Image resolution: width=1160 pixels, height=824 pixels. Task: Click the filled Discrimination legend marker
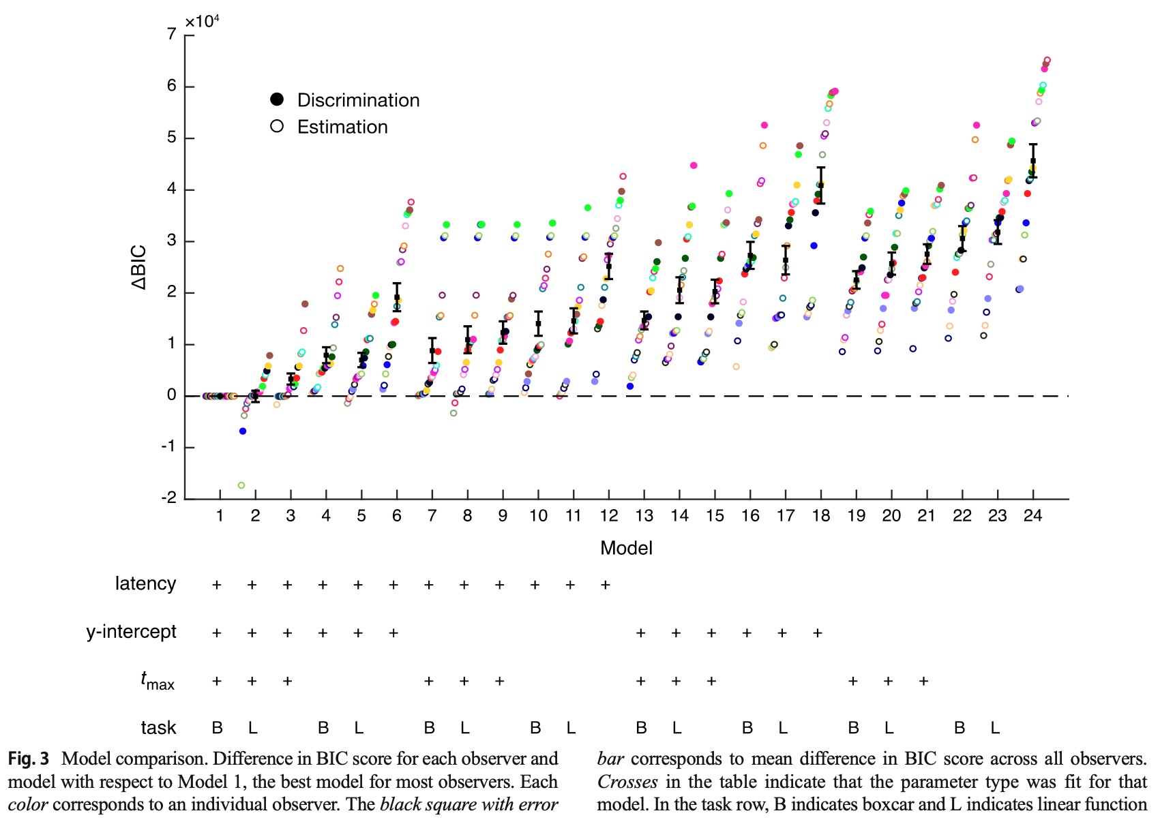[277, 100]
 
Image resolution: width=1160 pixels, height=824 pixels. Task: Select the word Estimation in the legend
[342, 127]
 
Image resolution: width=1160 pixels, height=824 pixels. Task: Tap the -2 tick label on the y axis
[169, 498]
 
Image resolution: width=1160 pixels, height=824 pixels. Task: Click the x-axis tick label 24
[1032, 516]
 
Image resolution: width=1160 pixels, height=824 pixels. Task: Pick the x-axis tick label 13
[644, 516]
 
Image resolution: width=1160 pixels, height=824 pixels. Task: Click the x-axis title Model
[626, 548]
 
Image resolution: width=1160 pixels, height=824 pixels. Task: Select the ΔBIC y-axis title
[140, 266]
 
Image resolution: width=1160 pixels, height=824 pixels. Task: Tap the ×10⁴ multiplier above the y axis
[203, 21]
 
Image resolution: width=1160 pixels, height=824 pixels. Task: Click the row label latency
[145, 584]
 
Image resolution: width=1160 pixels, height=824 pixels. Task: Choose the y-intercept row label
[131, 632]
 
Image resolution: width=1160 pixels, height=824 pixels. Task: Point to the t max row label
[158, 681]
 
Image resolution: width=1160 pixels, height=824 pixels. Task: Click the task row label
[158, 728]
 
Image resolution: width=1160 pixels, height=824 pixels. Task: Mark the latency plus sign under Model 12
[606, 585]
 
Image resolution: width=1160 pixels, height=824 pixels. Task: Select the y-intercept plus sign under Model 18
[818, 633]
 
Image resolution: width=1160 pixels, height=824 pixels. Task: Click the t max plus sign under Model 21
[923, 681]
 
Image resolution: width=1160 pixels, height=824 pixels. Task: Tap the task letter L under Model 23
[995, 728]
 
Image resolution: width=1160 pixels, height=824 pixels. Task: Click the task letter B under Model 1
[218, 728]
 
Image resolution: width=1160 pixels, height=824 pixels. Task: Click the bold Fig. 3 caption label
[29, 759]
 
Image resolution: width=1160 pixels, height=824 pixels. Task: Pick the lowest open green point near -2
[241, 485]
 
